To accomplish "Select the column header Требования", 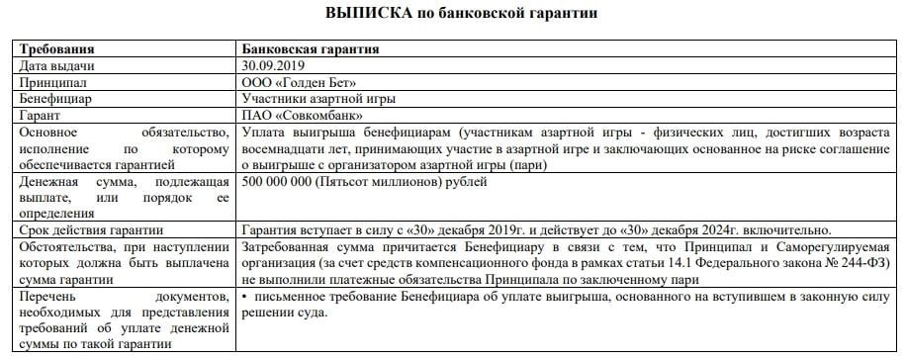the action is tap(57, 49).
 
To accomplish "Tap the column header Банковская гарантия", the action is tap(311, 49).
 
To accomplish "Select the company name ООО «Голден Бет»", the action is tap(298, 82).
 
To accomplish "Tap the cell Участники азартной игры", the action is tap(317, 99).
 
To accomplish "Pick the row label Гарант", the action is tap(41, 116).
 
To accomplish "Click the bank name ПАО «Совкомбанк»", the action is tap(303, 116).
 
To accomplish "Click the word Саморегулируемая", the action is tap(832, 245).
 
